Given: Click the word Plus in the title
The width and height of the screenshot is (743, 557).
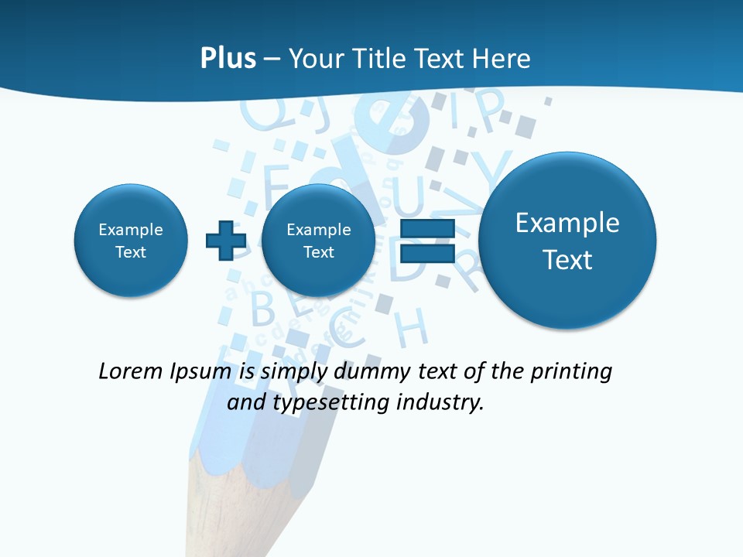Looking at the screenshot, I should (x=228, y=58).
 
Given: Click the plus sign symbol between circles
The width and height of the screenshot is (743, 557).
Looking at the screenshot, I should (x=225, y=240).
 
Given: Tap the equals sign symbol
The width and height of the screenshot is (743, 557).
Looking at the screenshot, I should (x=426, y=240).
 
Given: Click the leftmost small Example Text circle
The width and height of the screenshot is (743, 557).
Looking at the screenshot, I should (x=131, y=240).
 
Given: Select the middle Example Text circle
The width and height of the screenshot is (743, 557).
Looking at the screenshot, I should (x=318, y=240).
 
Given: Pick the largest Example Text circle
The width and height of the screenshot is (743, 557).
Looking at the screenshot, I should (x=567, y=240).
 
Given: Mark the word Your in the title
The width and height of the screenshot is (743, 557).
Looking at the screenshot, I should (x=317, y=59).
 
